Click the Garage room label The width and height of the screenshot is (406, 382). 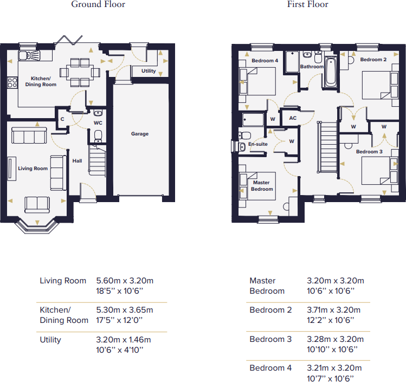click(140, 134)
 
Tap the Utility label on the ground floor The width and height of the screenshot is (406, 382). click(149, 71)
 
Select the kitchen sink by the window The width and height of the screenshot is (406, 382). click(29, 55)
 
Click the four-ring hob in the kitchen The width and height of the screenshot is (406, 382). click(12, 83)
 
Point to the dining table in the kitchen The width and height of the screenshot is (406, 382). click(80, 73)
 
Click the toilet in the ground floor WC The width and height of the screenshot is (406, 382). click(98, 137)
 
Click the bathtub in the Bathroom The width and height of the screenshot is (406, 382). click(331, 73)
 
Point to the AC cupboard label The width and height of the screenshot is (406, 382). click(293, 118)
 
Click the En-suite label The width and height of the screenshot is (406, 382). click(258, 144)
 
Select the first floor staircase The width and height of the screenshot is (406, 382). click(327, 147)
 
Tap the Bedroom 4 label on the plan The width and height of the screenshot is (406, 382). click(265, 61)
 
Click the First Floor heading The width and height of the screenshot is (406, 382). click(307, 4)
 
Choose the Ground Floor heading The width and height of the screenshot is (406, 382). click(98, 4)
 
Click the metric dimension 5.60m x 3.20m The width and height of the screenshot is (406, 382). click(125, 281)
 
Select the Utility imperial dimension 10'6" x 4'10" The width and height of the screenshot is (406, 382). click(120, 350)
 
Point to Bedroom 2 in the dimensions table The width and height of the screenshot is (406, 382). click(270, 310)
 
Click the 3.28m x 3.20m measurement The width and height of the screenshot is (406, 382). click(336, 339)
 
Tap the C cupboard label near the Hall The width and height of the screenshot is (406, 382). click(62, 119)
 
